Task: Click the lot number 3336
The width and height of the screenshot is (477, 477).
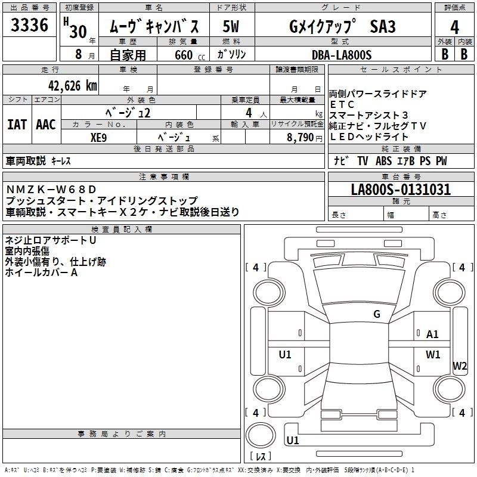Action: (30, 26)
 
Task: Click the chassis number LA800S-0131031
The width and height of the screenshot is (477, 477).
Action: (401, 190)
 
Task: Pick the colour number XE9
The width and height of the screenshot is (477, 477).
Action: (98, 137)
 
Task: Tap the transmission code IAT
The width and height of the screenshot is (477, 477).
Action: (17, 125)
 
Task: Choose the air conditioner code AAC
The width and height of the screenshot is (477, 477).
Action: (45, 125)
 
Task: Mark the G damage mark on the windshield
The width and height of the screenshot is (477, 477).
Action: (377, 314)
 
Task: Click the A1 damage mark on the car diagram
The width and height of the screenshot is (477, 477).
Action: (432, 334)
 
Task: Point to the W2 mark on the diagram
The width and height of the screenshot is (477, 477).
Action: (460, 366)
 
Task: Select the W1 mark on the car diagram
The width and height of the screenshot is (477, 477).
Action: (432, 354)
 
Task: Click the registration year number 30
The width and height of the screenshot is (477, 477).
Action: (78, 32)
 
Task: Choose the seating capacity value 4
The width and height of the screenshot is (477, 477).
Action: (247, 112)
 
